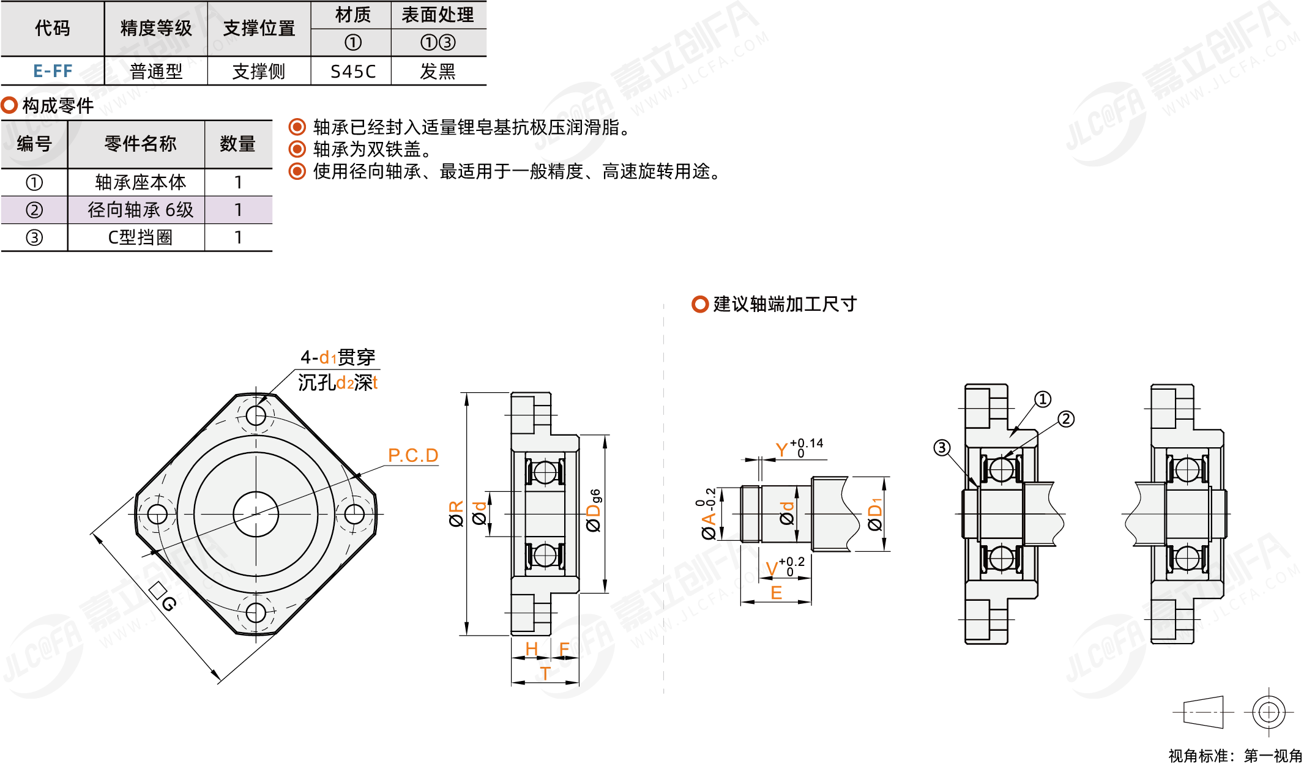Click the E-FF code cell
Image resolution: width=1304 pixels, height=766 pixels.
(53, 71)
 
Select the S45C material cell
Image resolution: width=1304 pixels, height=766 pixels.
(352, 72)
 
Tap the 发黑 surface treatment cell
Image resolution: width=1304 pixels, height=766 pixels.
(438, 72)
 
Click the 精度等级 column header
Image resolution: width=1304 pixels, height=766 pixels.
(156, 28)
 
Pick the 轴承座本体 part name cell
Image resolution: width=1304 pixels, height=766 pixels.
(140, 182)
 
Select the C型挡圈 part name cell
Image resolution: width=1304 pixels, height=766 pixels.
(140, 237)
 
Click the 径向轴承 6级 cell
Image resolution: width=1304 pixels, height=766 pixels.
(140, 210)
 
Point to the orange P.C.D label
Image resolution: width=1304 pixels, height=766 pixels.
(413, 455)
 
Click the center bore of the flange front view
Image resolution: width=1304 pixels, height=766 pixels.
(256, 514)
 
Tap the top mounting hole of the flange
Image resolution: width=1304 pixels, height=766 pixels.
(256, 416)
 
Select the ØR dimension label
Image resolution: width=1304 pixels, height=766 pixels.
(456, 514)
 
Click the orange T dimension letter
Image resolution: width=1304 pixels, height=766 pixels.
(545, 674)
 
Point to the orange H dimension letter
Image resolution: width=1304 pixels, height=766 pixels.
(531, 649)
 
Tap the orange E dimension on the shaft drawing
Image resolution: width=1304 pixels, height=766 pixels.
(776, 593)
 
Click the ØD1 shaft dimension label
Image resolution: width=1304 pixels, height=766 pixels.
(875, 515)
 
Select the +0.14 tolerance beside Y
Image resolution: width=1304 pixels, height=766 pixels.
(807, 443)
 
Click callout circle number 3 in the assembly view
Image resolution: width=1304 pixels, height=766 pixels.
(942, 448)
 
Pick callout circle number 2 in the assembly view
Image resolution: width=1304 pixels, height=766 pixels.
(1066, 419)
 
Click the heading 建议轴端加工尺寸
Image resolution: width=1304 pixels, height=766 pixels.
(784, 304)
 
